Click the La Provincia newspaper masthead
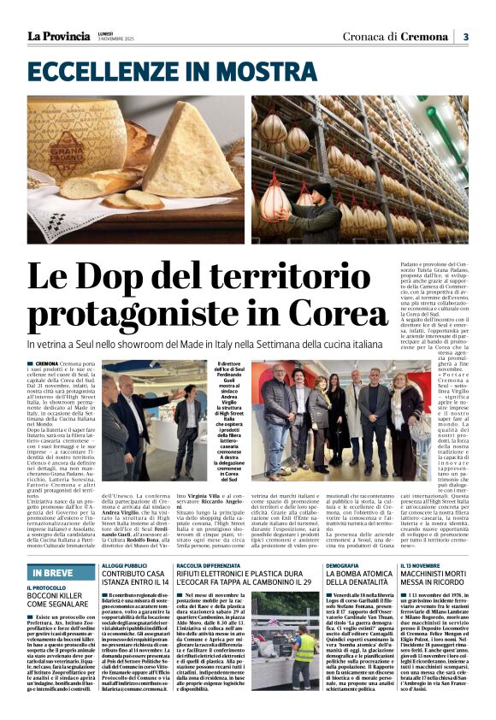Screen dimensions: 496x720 point(58,36)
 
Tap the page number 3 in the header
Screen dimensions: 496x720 point(466,37)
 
